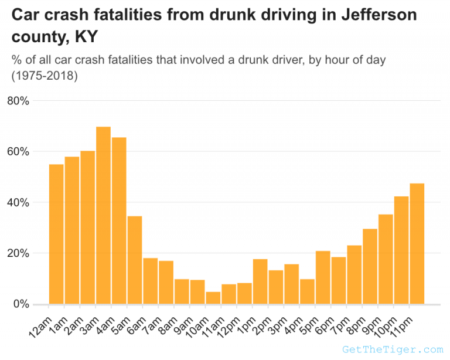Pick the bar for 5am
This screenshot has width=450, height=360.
point(135,260)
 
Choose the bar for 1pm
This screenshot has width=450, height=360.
point(260,281)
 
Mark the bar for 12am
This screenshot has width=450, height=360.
point(56,234)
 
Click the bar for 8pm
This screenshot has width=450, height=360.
point(370,266)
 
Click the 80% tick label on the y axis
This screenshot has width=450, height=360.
point(18,101)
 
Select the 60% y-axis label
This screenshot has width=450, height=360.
point(18,152)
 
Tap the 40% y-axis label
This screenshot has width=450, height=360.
point(18,203)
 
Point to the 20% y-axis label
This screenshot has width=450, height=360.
point(18,254)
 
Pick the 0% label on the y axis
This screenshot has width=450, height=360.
point(20,304)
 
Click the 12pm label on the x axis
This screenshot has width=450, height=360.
point(228,321)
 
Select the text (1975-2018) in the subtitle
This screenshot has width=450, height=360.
point(45,76)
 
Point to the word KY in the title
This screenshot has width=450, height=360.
point(86,38)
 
